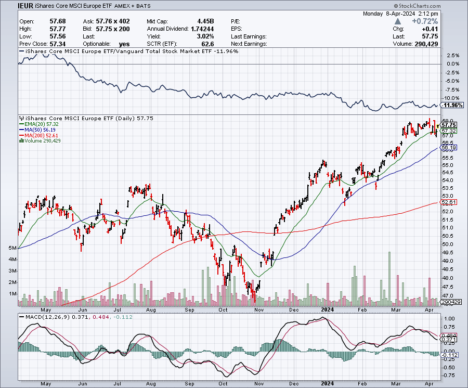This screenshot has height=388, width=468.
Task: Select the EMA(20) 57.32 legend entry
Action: click(x=40, y=124)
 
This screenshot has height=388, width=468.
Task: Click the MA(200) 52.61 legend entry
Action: click(x=41, y=135)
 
